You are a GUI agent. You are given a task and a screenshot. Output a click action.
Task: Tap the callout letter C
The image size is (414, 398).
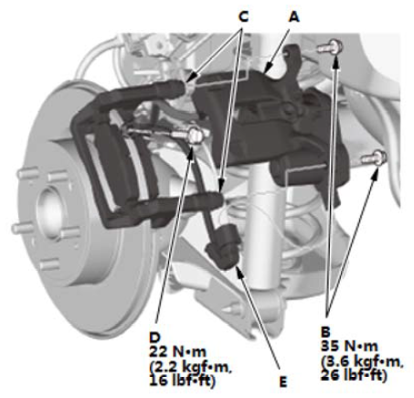click(x=243, y=16)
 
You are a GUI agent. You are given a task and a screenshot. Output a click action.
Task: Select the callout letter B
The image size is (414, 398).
click(x=325, y=331)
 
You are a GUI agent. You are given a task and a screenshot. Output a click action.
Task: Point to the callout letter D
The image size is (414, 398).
click(x=154, y=338)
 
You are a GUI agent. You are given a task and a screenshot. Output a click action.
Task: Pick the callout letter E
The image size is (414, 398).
click(x=283, y=382)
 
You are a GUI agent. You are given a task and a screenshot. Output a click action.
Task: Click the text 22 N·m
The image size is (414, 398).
click(x=177, y=352)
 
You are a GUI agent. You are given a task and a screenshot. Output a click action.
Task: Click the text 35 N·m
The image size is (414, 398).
click(x=349, y=346)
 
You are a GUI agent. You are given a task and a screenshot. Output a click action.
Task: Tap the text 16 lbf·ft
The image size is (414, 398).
click(x=182, y=381)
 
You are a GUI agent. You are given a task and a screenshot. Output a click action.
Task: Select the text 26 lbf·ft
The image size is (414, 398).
click(x=354, y=375)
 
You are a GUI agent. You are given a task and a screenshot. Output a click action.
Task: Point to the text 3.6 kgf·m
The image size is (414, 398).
click(x=362, y=361)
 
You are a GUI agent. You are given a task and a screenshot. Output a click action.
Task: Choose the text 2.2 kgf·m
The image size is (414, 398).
click(x=190, y=367)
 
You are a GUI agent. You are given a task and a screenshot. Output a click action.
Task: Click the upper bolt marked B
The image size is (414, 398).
click(x=330, y=48)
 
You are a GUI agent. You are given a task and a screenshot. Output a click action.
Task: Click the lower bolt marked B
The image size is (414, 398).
click(x=374, y=157)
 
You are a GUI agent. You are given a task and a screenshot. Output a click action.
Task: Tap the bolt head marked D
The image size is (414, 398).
click(x=195, y=135)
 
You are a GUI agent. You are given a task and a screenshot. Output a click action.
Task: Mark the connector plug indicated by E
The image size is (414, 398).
click(x=224, y=247)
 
